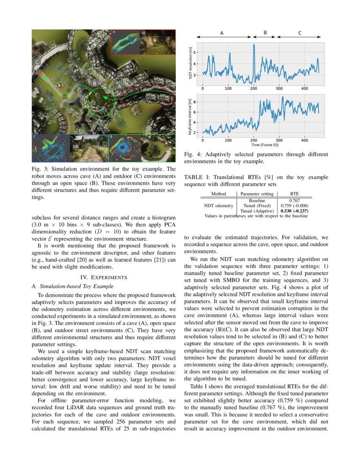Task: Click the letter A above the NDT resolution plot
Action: coord(222,33)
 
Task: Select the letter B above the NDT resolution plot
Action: coord(265,33)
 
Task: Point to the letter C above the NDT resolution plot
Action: coord(300,33)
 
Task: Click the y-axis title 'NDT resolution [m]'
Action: coord(191,64)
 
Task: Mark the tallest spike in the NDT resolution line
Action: coord(254,45)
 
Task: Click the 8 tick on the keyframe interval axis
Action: coord(195,102)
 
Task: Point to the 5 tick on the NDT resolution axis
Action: coord(195,53)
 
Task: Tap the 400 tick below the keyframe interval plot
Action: coord(305,140)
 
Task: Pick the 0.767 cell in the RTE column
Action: coord(294,200)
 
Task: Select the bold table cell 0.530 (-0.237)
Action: coord(294,211)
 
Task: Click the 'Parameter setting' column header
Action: coord(257,194)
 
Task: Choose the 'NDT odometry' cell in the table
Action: coord(219,205)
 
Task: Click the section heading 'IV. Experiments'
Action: coord(104,277)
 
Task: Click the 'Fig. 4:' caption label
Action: coord(192,155)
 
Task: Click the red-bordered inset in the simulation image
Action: coord(143,42)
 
